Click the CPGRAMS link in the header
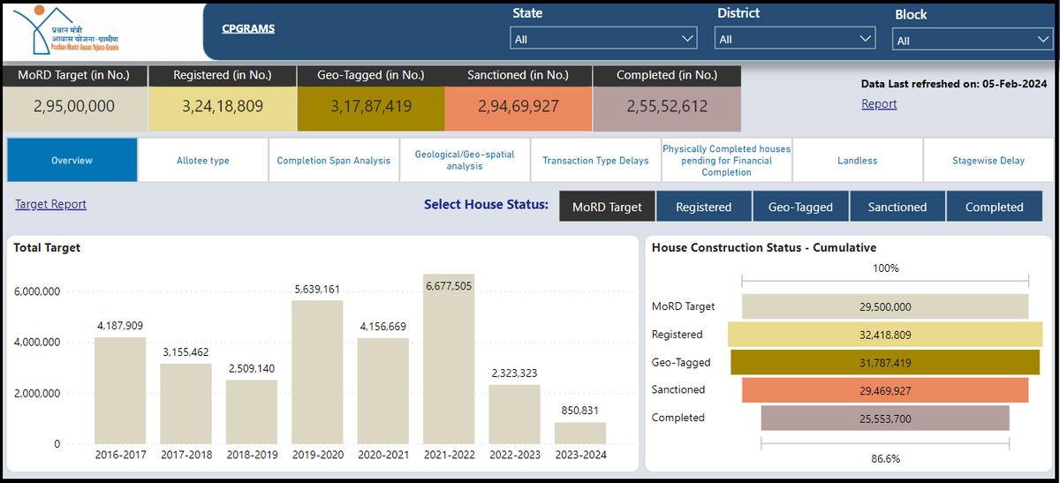pos(248,28)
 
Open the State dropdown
pos(603,39)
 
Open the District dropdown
pos(795,39)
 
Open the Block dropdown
pos(971,40)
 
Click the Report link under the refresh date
pos(879,104)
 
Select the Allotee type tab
pos(203,161)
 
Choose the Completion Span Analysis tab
pos(334,161)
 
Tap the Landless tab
pos(857,161)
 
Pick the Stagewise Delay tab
pos(988,161)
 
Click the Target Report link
pos(51,205)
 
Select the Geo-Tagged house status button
pos(800,207)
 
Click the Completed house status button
pos(994,207)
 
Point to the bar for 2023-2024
pos(580,433)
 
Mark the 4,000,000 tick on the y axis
pos(37,343)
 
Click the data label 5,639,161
pos(317,289)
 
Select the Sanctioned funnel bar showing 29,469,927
pos(885,389)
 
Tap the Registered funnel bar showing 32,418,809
pos(885,335)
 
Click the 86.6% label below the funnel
pos(885,458)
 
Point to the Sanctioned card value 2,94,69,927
pos(519,107)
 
